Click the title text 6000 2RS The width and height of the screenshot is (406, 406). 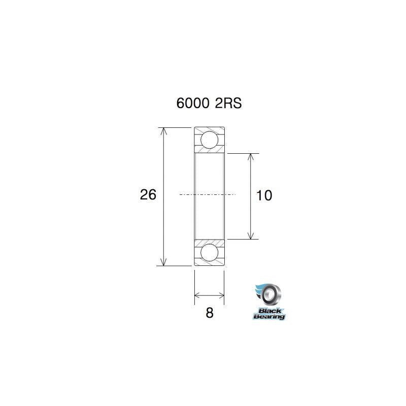pos(209,104)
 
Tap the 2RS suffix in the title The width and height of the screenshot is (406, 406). pos(228,104)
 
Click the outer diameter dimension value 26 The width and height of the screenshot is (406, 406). pos(148,194)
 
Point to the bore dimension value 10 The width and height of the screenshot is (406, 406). pos(264,195)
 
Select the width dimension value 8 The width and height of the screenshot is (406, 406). pos(209,313)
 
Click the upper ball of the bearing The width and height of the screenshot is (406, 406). pos(209,140)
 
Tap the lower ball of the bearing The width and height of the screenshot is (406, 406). pos(209,252)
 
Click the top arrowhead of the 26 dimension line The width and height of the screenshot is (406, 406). pos(163,130)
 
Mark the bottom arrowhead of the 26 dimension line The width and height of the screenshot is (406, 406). pos(163,262)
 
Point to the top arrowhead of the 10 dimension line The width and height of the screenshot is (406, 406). pos(250,157)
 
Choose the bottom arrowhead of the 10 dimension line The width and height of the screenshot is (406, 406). pos(250,235)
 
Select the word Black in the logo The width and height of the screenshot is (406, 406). pos(269,311)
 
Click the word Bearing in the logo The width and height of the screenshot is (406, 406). pos(269,317)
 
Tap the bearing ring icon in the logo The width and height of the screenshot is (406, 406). pos(272,295)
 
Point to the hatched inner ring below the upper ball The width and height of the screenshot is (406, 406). pos(209,150)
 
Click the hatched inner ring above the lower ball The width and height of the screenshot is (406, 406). pos(209,241)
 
